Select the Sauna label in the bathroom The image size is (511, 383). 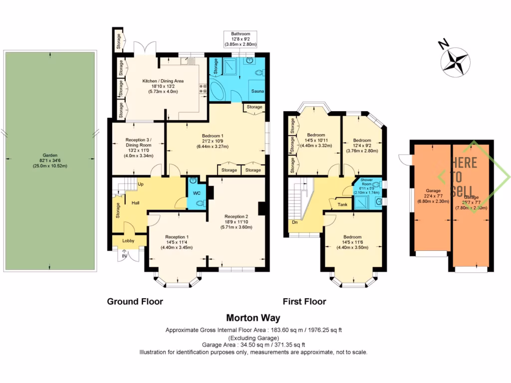(257, 92)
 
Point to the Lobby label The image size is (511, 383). (128, 240)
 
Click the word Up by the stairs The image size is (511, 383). (141, 184)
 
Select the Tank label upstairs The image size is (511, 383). (342, 204)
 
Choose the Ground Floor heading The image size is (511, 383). (135, 301)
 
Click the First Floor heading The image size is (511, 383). (304, 301)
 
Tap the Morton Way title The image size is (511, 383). (253, 318)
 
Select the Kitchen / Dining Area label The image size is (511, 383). (163, 81)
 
